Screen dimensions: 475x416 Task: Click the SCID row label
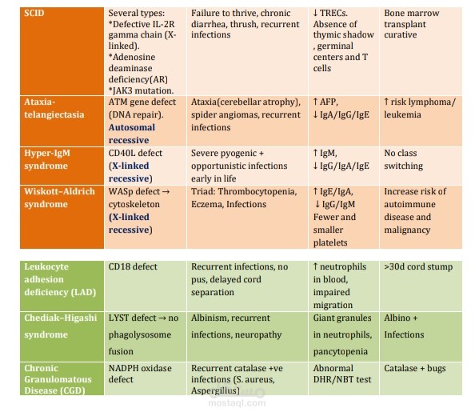[34, 13]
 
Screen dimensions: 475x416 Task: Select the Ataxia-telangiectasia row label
[54, 108]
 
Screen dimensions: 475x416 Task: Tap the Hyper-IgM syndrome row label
[47, 159]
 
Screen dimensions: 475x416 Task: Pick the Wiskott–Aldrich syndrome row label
[59, 198]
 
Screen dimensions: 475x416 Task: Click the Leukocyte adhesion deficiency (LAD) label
[60, 279]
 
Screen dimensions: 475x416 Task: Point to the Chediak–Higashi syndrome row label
[61, 326]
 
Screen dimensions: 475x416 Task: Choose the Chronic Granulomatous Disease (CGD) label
[58, 379]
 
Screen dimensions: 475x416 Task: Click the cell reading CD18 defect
[133, 266]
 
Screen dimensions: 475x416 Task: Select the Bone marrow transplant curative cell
[411, 24]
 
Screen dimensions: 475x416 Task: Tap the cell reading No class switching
[404, 159]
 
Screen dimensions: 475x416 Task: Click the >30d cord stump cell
[418, 266]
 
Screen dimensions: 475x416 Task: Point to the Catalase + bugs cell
[415, 369]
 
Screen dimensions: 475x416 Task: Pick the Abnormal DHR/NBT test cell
[342, 374]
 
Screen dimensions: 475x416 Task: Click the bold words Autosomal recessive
[132, 134]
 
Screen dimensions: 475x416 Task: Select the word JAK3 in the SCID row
[122, 90]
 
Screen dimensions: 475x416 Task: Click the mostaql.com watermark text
[237, 403]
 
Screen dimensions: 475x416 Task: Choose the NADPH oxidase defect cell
[140, 374]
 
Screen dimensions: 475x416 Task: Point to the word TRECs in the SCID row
[333, 13]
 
